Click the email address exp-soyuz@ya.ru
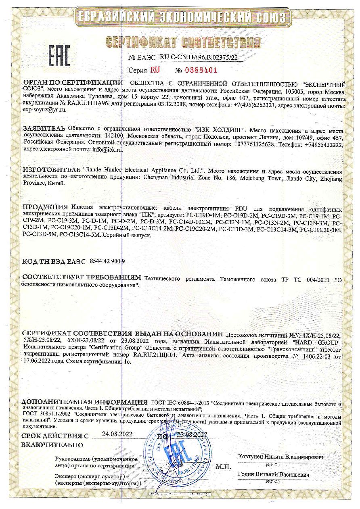[x=44, y=109]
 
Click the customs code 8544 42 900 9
[x=106, y=261]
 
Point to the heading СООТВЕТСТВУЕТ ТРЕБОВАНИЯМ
[x=82, y=278]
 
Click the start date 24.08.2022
[x=117, y=434]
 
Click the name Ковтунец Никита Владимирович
[x=281, y=457]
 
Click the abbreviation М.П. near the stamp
[x=223, y=467]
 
